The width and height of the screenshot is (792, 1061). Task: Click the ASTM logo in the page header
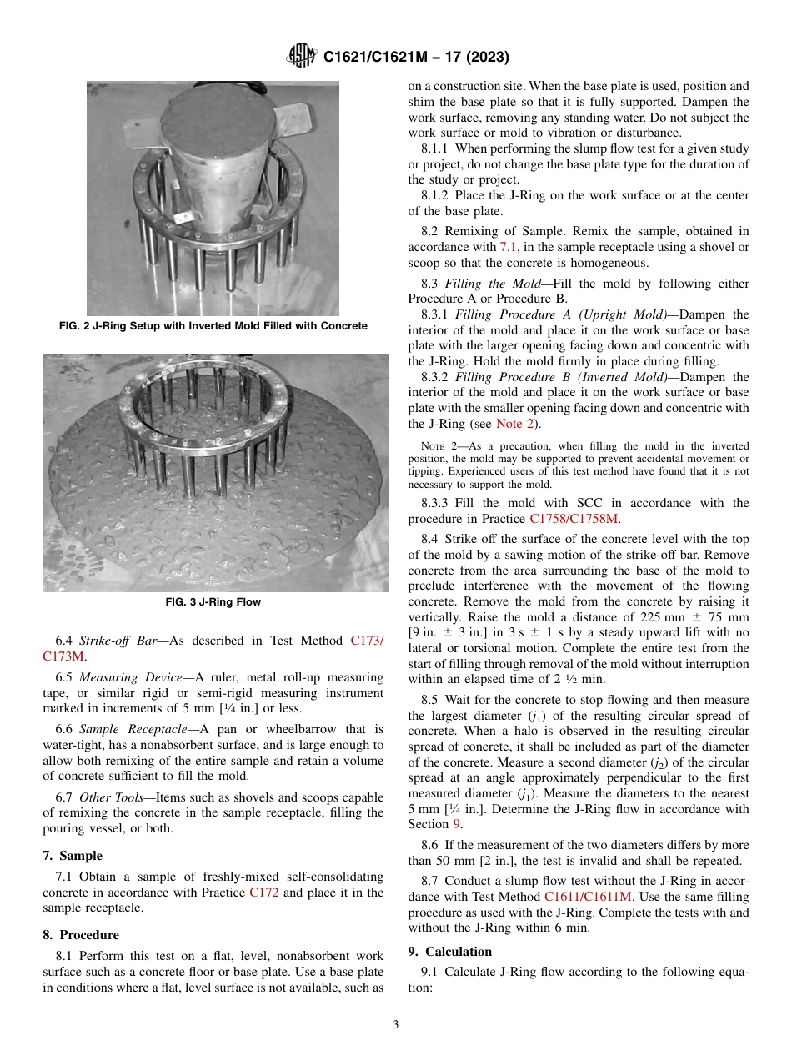click(301, 56)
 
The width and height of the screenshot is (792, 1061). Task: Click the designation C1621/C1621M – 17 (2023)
click(416, 57)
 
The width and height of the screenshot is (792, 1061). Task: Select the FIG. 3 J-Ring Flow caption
click(213, 602)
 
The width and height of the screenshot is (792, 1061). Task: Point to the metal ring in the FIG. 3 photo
click(200, 401)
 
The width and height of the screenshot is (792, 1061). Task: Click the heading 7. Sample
click(73, 856)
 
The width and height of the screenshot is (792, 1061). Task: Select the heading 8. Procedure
click(81, 935)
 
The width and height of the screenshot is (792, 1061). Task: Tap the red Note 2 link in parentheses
click(515, 424)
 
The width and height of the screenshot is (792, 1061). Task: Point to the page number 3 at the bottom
click(396, 1024)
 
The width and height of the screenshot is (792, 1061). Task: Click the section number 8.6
click(431, 845)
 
